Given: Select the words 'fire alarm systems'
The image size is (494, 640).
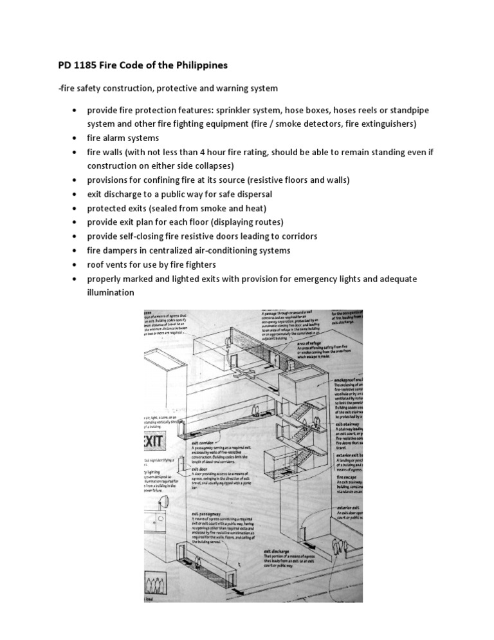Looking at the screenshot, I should tap(123, 138).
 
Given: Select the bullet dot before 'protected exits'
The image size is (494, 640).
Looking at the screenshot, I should tap(75, 208).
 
